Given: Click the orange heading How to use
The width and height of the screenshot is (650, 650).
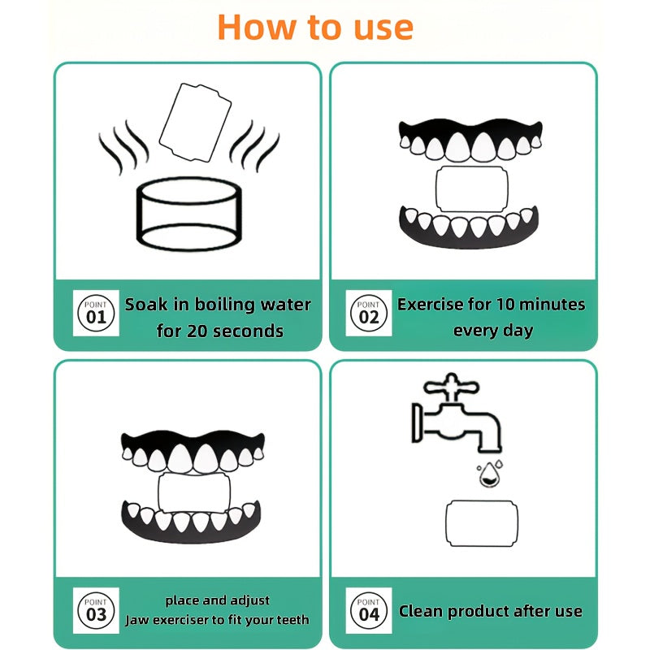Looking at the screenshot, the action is tap(315, 28).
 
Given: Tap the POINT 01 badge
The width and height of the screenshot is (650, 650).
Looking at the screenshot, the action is tap(96, 313).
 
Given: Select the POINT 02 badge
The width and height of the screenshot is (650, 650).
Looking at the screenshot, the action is tap(369, 313).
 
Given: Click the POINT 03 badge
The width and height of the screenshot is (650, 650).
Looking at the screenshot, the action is tap(96, 610).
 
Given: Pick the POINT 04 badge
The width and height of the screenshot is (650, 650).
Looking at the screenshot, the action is tap(369, 610).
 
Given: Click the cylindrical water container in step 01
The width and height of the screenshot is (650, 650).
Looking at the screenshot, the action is tap(189, 214).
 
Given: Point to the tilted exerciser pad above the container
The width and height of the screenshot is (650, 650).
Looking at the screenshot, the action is tap(195, 123).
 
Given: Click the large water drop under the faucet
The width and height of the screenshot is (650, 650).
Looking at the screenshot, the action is tap(490, 475).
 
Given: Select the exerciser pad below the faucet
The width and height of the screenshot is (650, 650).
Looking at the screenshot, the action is tap(482, 523).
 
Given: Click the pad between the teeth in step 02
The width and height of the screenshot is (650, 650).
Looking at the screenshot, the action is tap(472, 189).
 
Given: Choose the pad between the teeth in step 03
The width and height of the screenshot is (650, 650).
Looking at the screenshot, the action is tap(194, 493).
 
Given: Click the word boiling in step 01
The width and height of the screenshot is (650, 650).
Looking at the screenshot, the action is tap(224, 305).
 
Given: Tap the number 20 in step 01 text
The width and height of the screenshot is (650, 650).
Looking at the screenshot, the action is tap(197, 331).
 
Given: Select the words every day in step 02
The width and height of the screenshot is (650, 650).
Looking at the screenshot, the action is tap(493, 331).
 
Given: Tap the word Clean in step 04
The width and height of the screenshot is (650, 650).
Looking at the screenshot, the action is tap(420, 611).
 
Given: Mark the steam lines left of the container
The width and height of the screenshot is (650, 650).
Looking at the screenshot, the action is tap(123, 146).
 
